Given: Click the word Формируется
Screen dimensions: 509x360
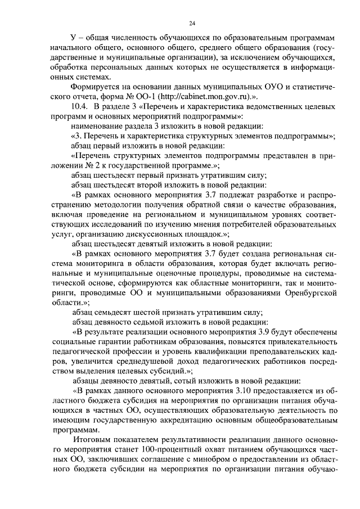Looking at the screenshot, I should pos(94,87).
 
